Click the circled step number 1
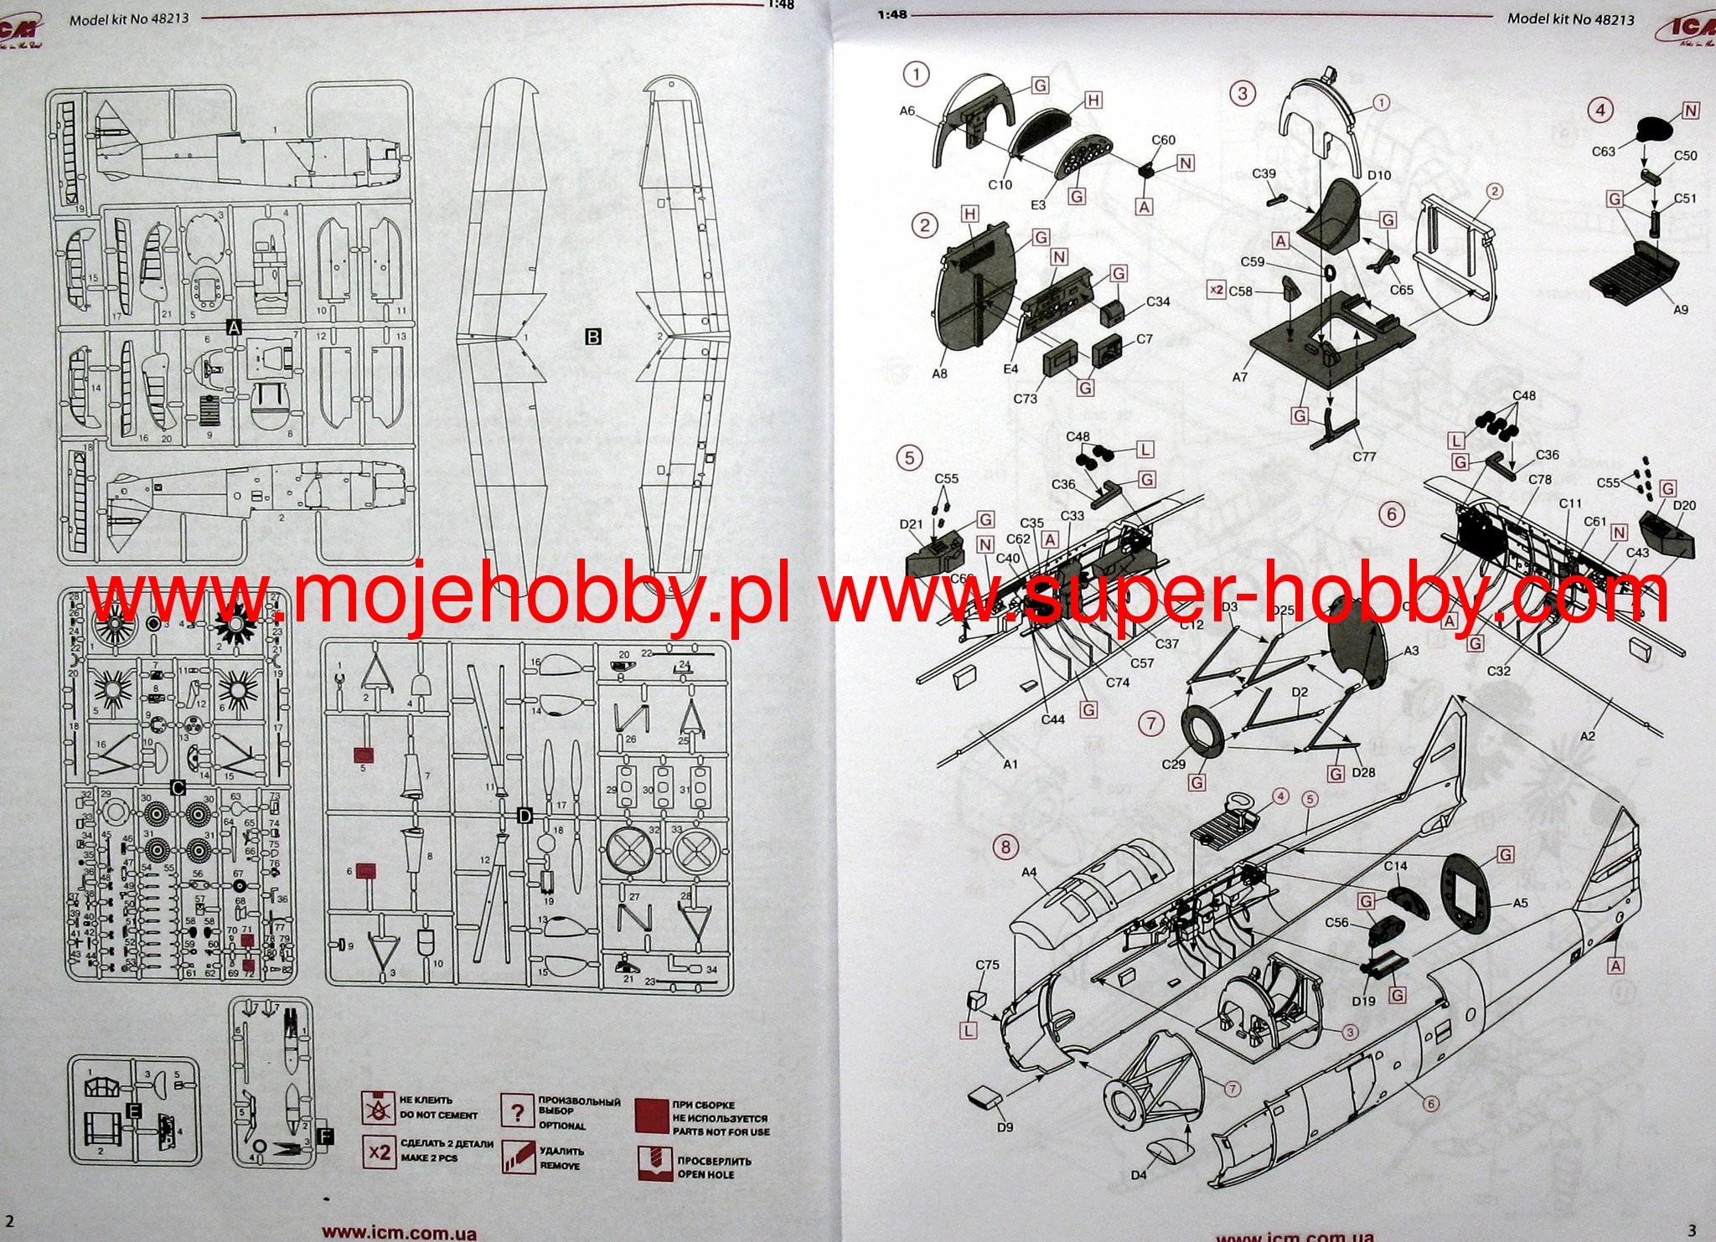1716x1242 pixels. pos(916,75)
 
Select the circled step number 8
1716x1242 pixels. pos(1005,847)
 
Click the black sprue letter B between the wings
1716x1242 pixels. pos(593,337)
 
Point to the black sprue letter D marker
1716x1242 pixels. pos(525,816)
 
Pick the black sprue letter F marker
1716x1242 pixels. pos(326,1136)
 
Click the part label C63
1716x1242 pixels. pos(1603,152)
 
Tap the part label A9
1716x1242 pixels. pos(1680,310)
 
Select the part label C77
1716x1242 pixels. pos(1364,457)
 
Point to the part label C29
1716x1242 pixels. pos(1174,765)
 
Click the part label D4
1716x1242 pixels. pos(1138,1175)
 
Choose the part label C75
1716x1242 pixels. pos(987,965)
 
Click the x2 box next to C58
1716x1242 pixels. pos(1215,290)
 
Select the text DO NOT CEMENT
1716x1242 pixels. pos(437,1115)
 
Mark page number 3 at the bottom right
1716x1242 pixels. pos(1692,1229)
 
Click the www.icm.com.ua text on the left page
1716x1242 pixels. pos(400,1233)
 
